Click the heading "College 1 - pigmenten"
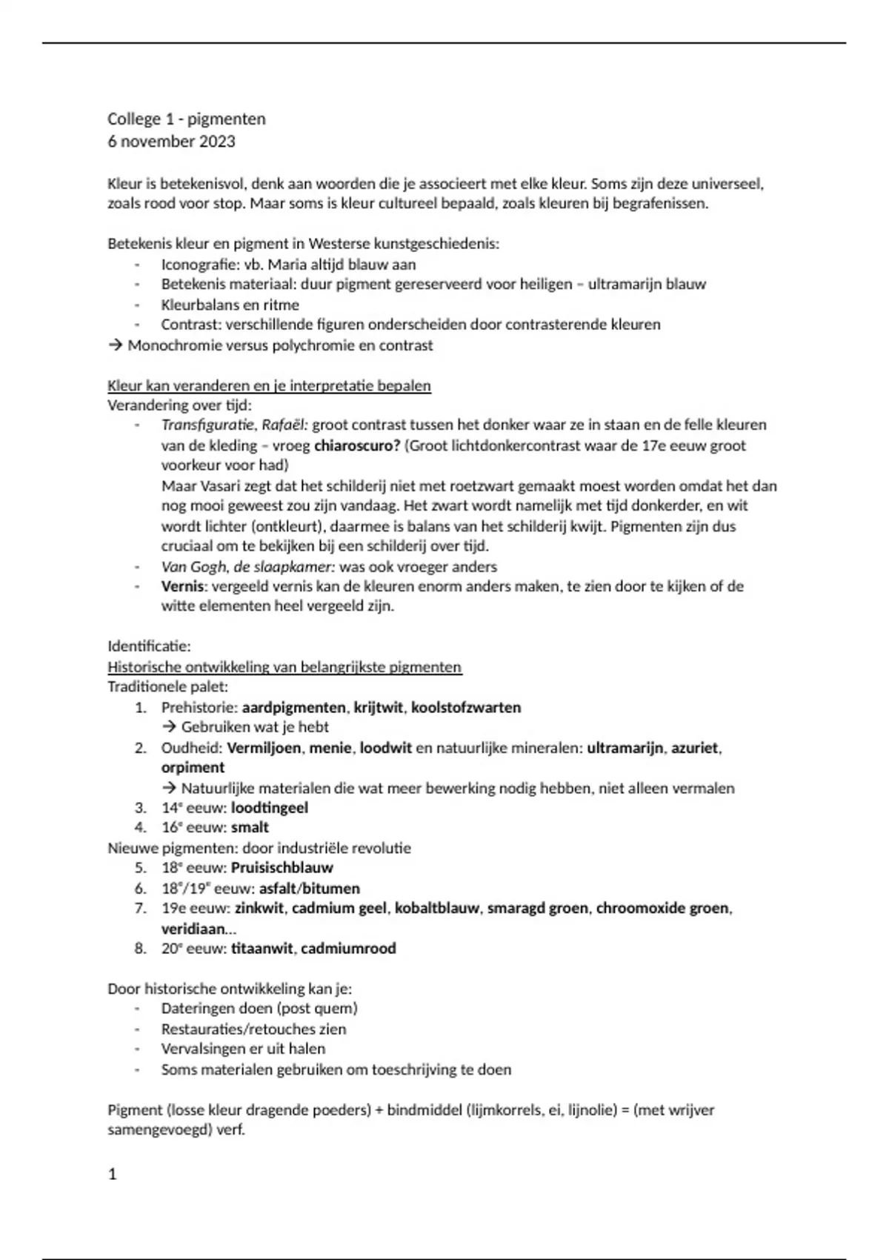[186, 119]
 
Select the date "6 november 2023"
[171, 142]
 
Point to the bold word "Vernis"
[182, 586]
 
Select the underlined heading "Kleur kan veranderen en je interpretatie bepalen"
[269, 386]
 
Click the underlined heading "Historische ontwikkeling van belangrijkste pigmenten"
[284, 667]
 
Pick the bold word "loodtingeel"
[269, 808]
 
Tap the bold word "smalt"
[250, 828]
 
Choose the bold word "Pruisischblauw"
[282, 868]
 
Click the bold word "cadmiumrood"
[348, 949]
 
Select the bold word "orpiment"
[193, 768]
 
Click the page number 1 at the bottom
[113, 1175]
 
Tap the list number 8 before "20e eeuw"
[140, 949]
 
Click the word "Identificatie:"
[149, 646]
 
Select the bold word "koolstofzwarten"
[466, 708]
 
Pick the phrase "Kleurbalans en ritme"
[230, 305]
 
